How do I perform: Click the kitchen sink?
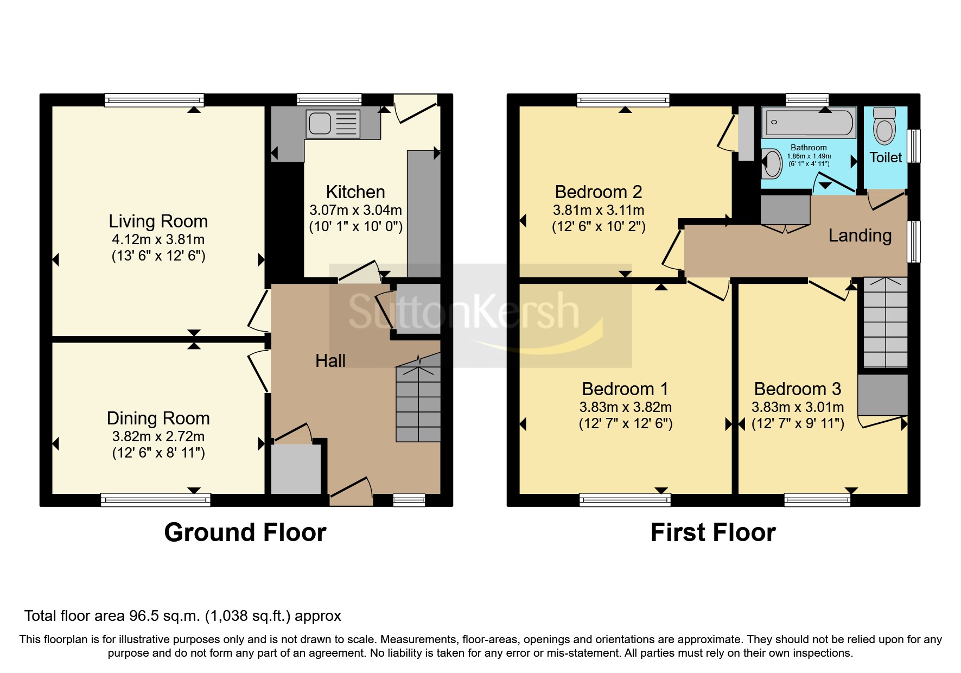[x=320, y=123]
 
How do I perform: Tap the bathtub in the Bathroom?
[x=809, y=122]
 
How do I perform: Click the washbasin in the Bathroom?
[x=771, y=163]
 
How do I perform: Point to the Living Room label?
[x=158, y=221]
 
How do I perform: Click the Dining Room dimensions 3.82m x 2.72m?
[x=158, y=436]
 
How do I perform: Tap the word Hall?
[x=330, y=361]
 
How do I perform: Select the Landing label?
[x=860, y=236]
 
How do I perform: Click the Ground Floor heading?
[x=245, y=532]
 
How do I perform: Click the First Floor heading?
[x=712, y=532]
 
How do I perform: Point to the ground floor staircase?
[x=418, y=404]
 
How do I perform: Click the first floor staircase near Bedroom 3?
[x=884, y=323]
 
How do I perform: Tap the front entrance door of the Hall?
[x=351, y=492]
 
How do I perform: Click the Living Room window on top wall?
[x=154, y=100]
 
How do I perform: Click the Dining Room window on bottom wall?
[x=156, y=500]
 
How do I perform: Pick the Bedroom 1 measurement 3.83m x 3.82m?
[x=625, y=407]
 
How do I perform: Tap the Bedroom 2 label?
[x=598, y=192]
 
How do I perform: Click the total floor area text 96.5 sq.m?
[x=182, y=616]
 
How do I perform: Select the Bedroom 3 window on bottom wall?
[x=817, y=500]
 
